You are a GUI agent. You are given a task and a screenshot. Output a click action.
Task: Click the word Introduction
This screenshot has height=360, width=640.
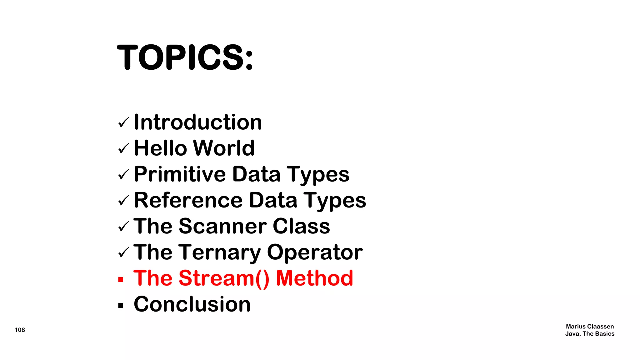pos(198,122)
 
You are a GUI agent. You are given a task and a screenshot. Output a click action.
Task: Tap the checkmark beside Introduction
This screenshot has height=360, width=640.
pos(124,122)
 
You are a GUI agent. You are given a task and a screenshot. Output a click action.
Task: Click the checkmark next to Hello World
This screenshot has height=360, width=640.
pos(124,148)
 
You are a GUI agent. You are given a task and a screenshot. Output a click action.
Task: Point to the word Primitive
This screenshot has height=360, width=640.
pos(180,174)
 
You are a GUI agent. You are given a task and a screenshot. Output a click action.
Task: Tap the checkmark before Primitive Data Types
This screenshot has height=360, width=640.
pos(124,174)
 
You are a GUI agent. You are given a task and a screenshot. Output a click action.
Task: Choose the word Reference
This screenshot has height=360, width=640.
pos(188,200)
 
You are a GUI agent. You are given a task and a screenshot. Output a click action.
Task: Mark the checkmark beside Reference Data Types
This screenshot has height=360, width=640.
pos(124,201)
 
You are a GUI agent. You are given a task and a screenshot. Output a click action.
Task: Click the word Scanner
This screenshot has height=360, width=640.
pos(223,226)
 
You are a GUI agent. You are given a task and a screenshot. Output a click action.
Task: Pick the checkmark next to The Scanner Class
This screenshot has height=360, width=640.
pos(124,226)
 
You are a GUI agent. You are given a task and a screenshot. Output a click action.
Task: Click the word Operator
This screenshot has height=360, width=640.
pos(315,252)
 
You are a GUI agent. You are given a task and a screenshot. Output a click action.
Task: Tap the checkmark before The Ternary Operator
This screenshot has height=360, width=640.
pos(124,252)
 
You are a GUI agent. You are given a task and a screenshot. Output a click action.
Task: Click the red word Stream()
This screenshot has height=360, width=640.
pos(224,278)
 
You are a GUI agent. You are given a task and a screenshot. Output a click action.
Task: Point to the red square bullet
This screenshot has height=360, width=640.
pos(121,279)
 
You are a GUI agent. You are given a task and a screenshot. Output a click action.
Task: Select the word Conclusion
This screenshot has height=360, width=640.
pos(192,304)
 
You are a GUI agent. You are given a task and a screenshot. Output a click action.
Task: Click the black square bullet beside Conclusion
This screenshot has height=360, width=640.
pos(121,305)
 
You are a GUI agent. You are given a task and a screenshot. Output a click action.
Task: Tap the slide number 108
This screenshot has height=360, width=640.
pos(20,330)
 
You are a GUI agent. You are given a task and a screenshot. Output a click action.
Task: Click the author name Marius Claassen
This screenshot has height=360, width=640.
pos(590,327)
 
